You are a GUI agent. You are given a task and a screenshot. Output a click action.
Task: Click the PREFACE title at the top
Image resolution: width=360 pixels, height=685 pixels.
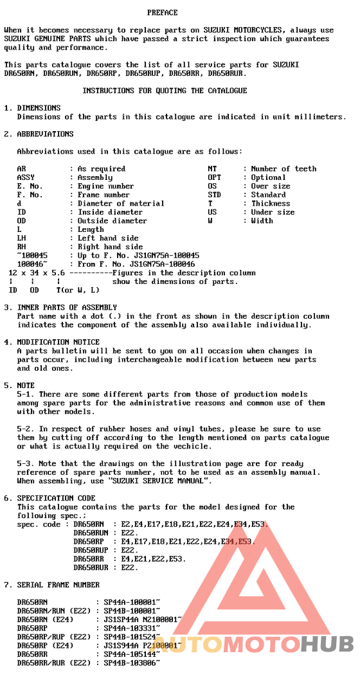tap(162, 12)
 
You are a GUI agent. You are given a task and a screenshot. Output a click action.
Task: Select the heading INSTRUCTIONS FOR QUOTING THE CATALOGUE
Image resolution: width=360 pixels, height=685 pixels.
tap(165, 91)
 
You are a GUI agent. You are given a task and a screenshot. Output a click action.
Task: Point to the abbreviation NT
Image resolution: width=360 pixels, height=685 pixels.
tap(212, 168)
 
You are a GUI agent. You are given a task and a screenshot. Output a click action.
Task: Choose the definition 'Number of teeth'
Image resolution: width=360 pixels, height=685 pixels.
tap(283, 168)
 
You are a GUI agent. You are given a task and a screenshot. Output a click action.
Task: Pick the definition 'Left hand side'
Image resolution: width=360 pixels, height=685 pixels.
tap(108, 238)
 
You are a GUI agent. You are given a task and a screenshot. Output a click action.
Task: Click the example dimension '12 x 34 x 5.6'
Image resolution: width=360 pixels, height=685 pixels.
tap(36, 272)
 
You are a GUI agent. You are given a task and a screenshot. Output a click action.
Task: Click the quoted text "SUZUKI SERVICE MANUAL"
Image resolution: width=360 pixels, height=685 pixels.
tap(160, 481)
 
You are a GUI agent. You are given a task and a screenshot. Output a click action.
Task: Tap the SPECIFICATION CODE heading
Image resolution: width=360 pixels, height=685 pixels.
tap(56, 498)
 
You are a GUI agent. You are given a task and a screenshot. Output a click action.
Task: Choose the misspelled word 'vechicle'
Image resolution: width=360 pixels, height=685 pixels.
tap(192, 446)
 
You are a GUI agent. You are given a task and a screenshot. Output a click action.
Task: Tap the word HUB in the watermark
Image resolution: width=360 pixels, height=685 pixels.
tap(327, 643)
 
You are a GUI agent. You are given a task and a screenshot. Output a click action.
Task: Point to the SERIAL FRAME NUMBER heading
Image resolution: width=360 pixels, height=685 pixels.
tap(59, 585)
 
